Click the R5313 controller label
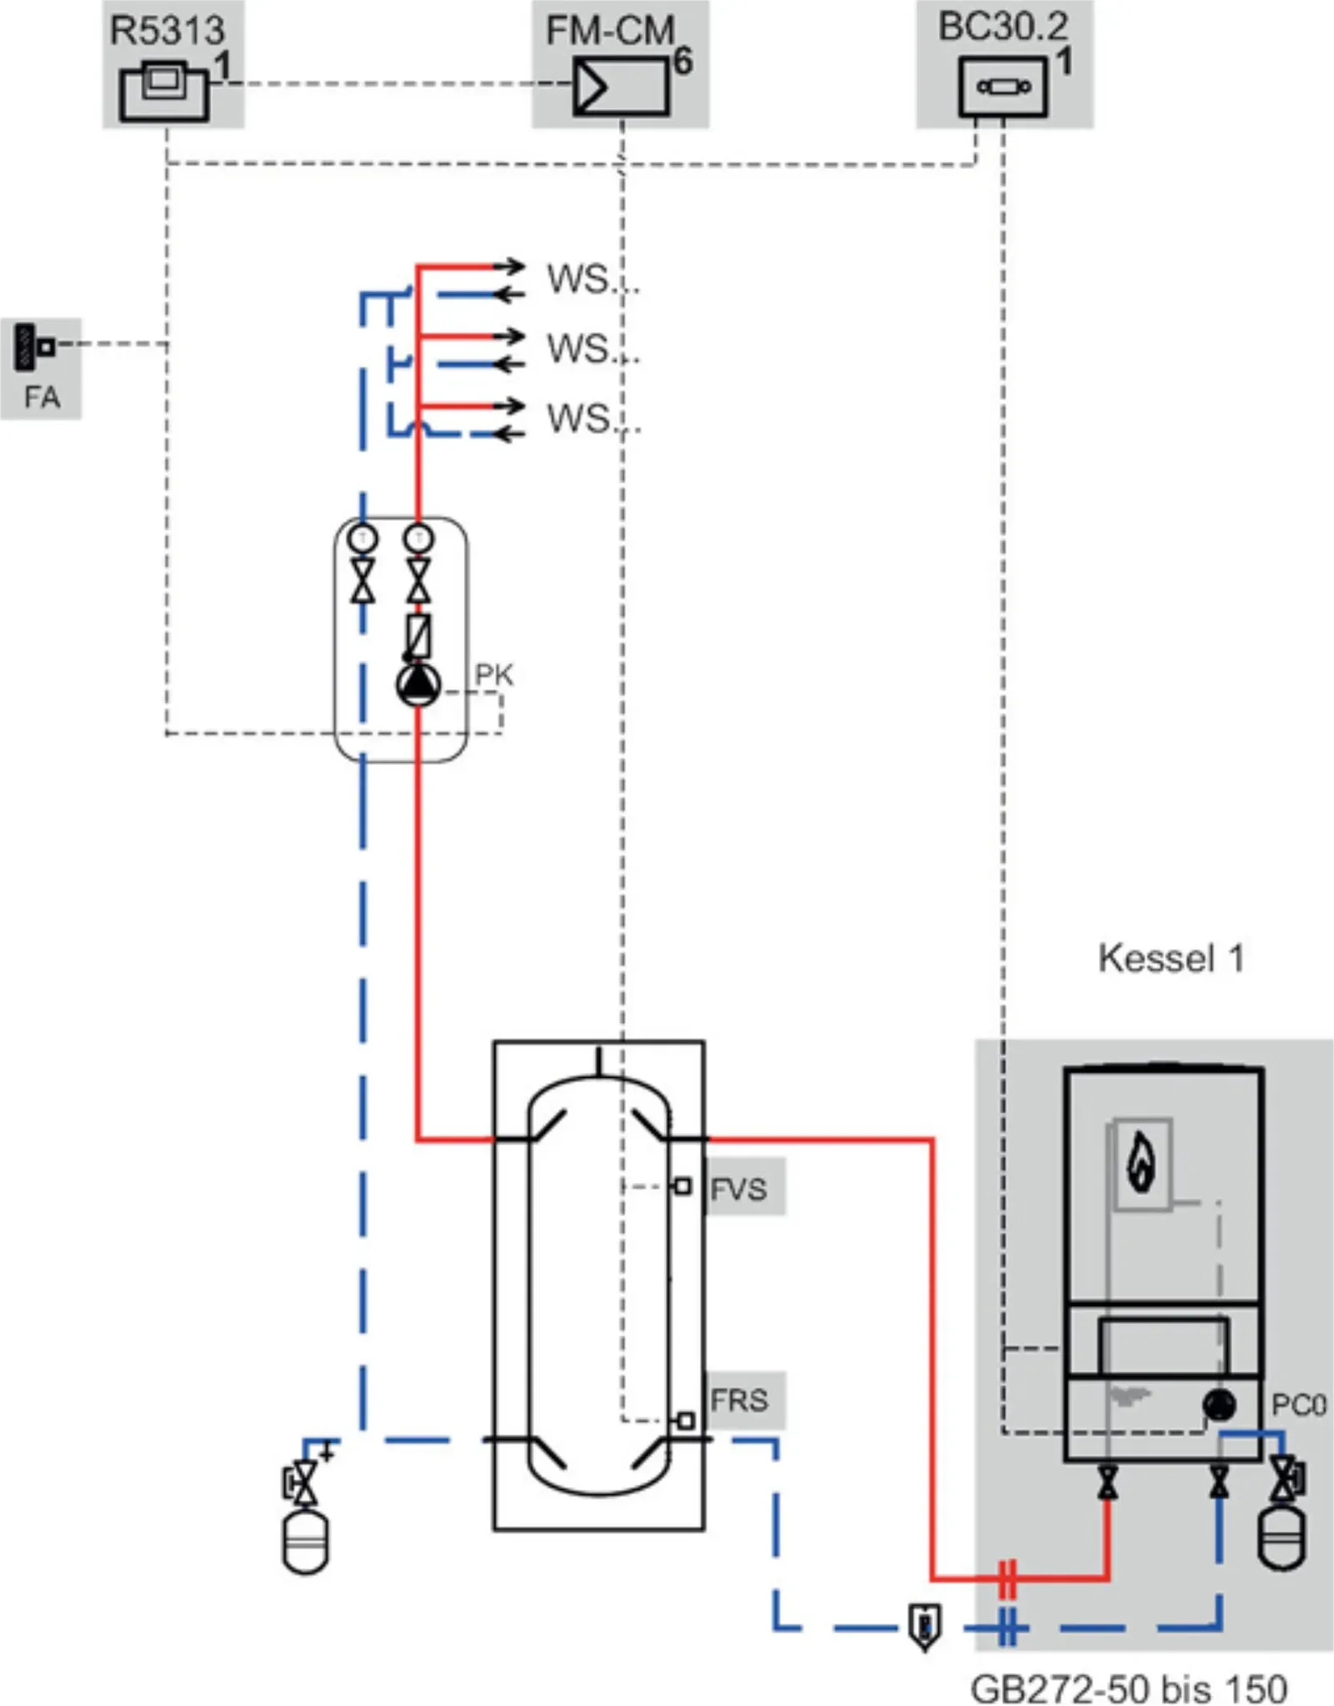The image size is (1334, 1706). click(167, 31)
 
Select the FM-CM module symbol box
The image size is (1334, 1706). click(621, 87)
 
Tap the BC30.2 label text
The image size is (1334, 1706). click(1002, 27)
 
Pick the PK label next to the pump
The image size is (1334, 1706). click(494, 674)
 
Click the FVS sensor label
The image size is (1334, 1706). click(738, 1189)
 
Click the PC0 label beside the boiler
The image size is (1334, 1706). click(1297, 1405)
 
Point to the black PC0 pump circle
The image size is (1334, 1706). click(1219, 1405)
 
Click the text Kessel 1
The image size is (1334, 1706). click(1171, 958)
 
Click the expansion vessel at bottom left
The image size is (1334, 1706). click(306, 1543)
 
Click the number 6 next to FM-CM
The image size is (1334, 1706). click(682, 61)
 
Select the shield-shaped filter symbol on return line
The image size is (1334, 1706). click(924, 1625)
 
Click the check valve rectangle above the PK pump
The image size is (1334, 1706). click(418, 636)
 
